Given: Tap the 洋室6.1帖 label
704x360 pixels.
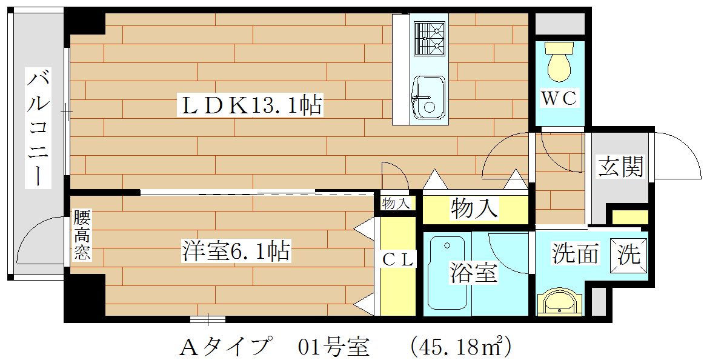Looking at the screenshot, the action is pos(236,251).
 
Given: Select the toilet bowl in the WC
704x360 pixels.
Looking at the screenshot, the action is pos(559,62).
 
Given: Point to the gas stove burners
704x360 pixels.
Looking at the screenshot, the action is pos(430,39).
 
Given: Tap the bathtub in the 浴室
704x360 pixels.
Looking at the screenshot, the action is pos(447,274).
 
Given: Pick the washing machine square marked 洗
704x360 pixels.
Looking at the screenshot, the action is pos(629,255).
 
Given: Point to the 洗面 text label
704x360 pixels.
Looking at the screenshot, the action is pos(575,254).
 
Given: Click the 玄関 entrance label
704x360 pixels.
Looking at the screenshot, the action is pos(621,167).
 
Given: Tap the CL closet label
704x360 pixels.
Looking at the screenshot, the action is pos(397,261).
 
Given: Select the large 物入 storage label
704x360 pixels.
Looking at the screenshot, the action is pos(474,208).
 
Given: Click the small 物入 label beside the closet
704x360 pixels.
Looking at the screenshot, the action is pos(396,204).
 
